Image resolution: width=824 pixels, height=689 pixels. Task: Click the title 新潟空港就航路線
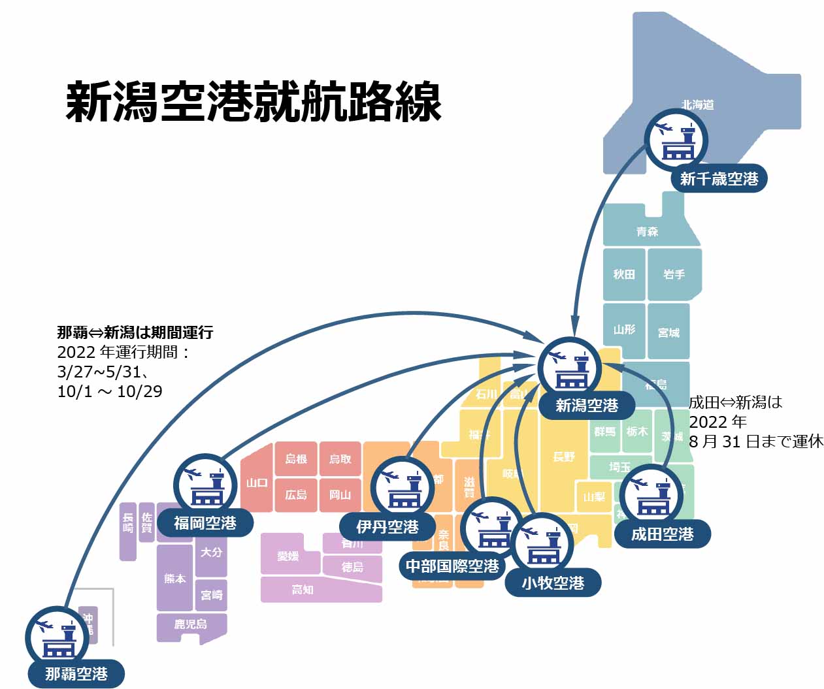pyautogui.click(x=254, y=102)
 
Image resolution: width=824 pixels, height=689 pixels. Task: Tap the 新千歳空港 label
pyautogui.click(x=719, y=178)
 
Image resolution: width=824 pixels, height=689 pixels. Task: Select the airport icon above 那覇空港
pyautogui.click(x=57, y=637)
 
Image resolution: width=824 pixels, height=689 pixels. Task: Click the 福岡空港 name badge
pyautogui.click(x=205, y=523)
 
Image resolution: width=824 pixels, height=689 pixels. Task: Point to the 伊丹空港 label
pyautogui.click(x=387, y=526)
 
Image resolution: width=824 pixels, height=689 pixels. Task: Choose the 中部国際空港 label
pyautogui.click(x=452, y=566)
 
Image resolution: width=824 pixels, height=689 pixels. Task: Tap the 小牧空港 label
pyautogui.click(x=553, y=583)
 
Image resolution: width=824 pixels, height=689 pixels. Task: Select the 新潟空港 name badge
pyautogui.click(x=587, y=406)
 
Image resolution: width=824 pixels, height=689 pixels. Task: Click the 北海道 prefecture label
pyautogui.click(x=697, y=104)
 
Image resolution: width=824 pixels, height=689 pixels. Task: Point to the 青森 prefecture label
pyautogui.click(x=647, y=231)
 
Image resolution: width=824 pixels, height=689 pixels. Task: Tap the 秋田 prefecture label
pyautogui.click(x=623, y=274)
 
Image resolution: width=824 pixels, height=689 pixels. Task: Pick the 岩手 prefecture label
pyautogui.click(x=674, y=274)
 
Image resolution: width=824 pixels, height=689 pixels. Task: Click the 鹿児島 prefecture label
pyautogui.click(x=190, y=624)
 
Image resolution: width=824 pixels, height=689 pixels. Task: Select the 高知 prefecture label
pyautogui.click(x=303, y=590)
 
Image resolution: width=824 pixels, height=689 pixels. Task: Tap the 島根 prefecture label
pyautogui.click(x=296, y=458)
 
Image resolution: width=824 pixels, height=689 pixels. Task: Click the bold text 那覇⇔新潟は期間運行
pyautogui.click(x=135, y=332)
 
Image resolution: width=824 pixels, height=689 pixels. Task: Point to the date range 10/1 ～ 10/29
pyautogui.click(x=110, y=391)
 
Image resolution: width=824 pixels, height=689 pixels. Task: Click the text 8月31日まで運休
pyautogui.click(x=756, y=441)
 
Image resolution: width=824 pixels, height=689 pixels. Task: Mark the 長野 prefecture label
pyautogui.click(x=563, y=457)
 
